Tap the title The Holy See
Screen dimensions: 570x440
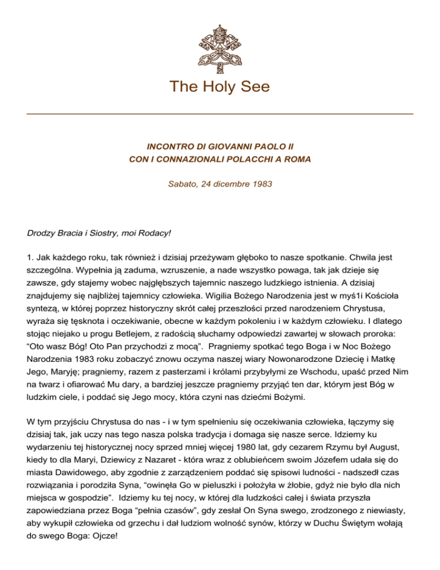point(220,87)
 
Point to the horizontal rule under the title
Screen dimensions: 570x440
point(220,114)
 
